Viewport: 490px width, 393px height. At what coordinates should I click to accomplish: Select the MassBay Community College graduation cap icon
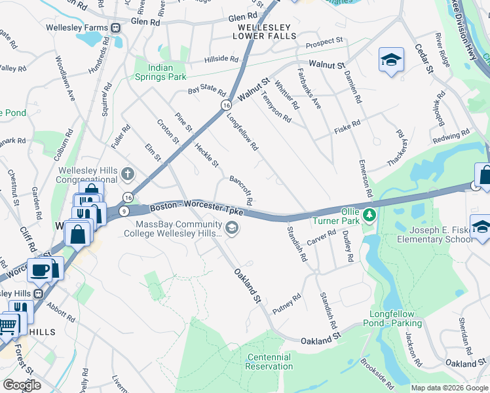coord(231,227)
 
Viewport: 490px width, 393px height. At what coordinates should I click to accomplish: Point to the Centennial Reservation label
coord(269,362)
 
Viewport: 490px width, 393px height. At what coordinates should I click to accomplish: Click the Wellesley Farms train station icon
coord(115,28)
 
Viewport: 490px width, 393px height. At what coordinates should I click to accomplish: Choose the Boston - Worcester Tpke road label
coord(197,209)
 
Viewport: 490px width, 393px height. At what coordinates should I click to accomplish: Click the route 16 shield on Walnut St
coord(226,105)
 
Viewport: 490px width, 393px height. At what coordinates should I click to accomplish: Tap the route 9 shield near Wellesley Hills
coord(123,210)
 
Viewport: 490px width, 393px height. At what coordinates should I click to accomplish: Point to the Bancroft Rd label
coord(241,189)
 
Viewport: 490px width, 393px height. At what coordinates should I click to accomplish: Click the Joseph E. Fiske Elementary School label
coord(441,234)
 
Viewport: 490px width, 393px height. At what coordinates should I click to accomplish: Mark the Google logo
coord(22,385)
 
